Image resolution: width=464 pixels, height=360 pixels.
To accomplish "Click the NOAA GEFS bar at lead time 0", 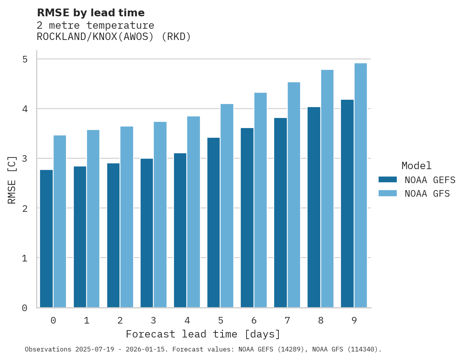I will (x=46, y=239).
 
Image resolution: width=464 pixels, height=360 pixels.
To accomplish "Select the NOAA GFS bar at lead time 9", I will (x=360, y=185).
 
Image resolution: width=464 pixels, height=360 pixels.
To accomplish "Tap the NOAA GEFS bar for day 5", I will (x=213, y=223).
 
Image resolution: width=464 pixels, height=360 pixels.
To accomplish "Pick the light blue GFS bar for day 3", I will (x=160, y=215).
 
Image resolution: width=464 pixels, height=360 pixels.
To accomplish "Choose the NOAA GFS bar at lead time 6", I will (x=260, y=200).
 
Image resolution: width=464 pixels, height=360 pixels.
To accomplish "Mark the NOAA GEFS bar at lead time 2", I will (x=113, y=235).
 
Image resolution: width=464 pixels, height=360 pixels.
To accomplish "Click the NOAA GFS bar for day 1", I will (x=93, y=219).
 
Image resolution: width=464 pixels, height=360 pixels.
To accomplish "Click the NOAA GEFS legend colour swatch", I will (x=388, y=180).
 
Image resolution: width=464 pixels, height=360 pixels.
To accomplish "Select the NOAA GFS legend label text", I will (x=427, y=194).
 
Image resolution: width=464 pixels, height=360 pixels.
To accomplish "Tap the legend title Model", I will (x=416, y=166).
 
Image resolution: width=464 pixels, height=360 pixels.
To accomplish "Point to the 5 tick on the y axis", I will (x=25, y=59).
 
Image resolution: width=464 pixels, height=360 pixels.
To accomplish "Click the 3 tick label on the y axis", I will (x=25, y=159).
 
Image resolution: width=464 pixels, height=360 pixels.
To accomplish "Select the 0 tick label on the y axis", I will (x=25, y=308).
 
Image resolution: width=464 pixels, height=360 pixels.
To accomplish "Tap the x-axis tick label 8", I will (x=320, y=320).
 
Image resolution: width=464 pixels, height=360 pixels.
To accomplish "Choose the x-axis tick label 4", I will (x=187, y=320).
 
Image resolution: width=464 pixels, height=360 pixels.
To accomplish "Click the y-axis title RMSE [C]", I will (x=12, y=180).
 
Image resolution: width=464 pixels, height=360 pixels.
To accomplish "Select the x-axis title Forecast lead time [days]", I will (x=203, y=334).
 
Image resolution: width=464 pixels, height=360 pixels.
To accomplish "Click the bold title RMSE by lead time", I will (x=90, y=13).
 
